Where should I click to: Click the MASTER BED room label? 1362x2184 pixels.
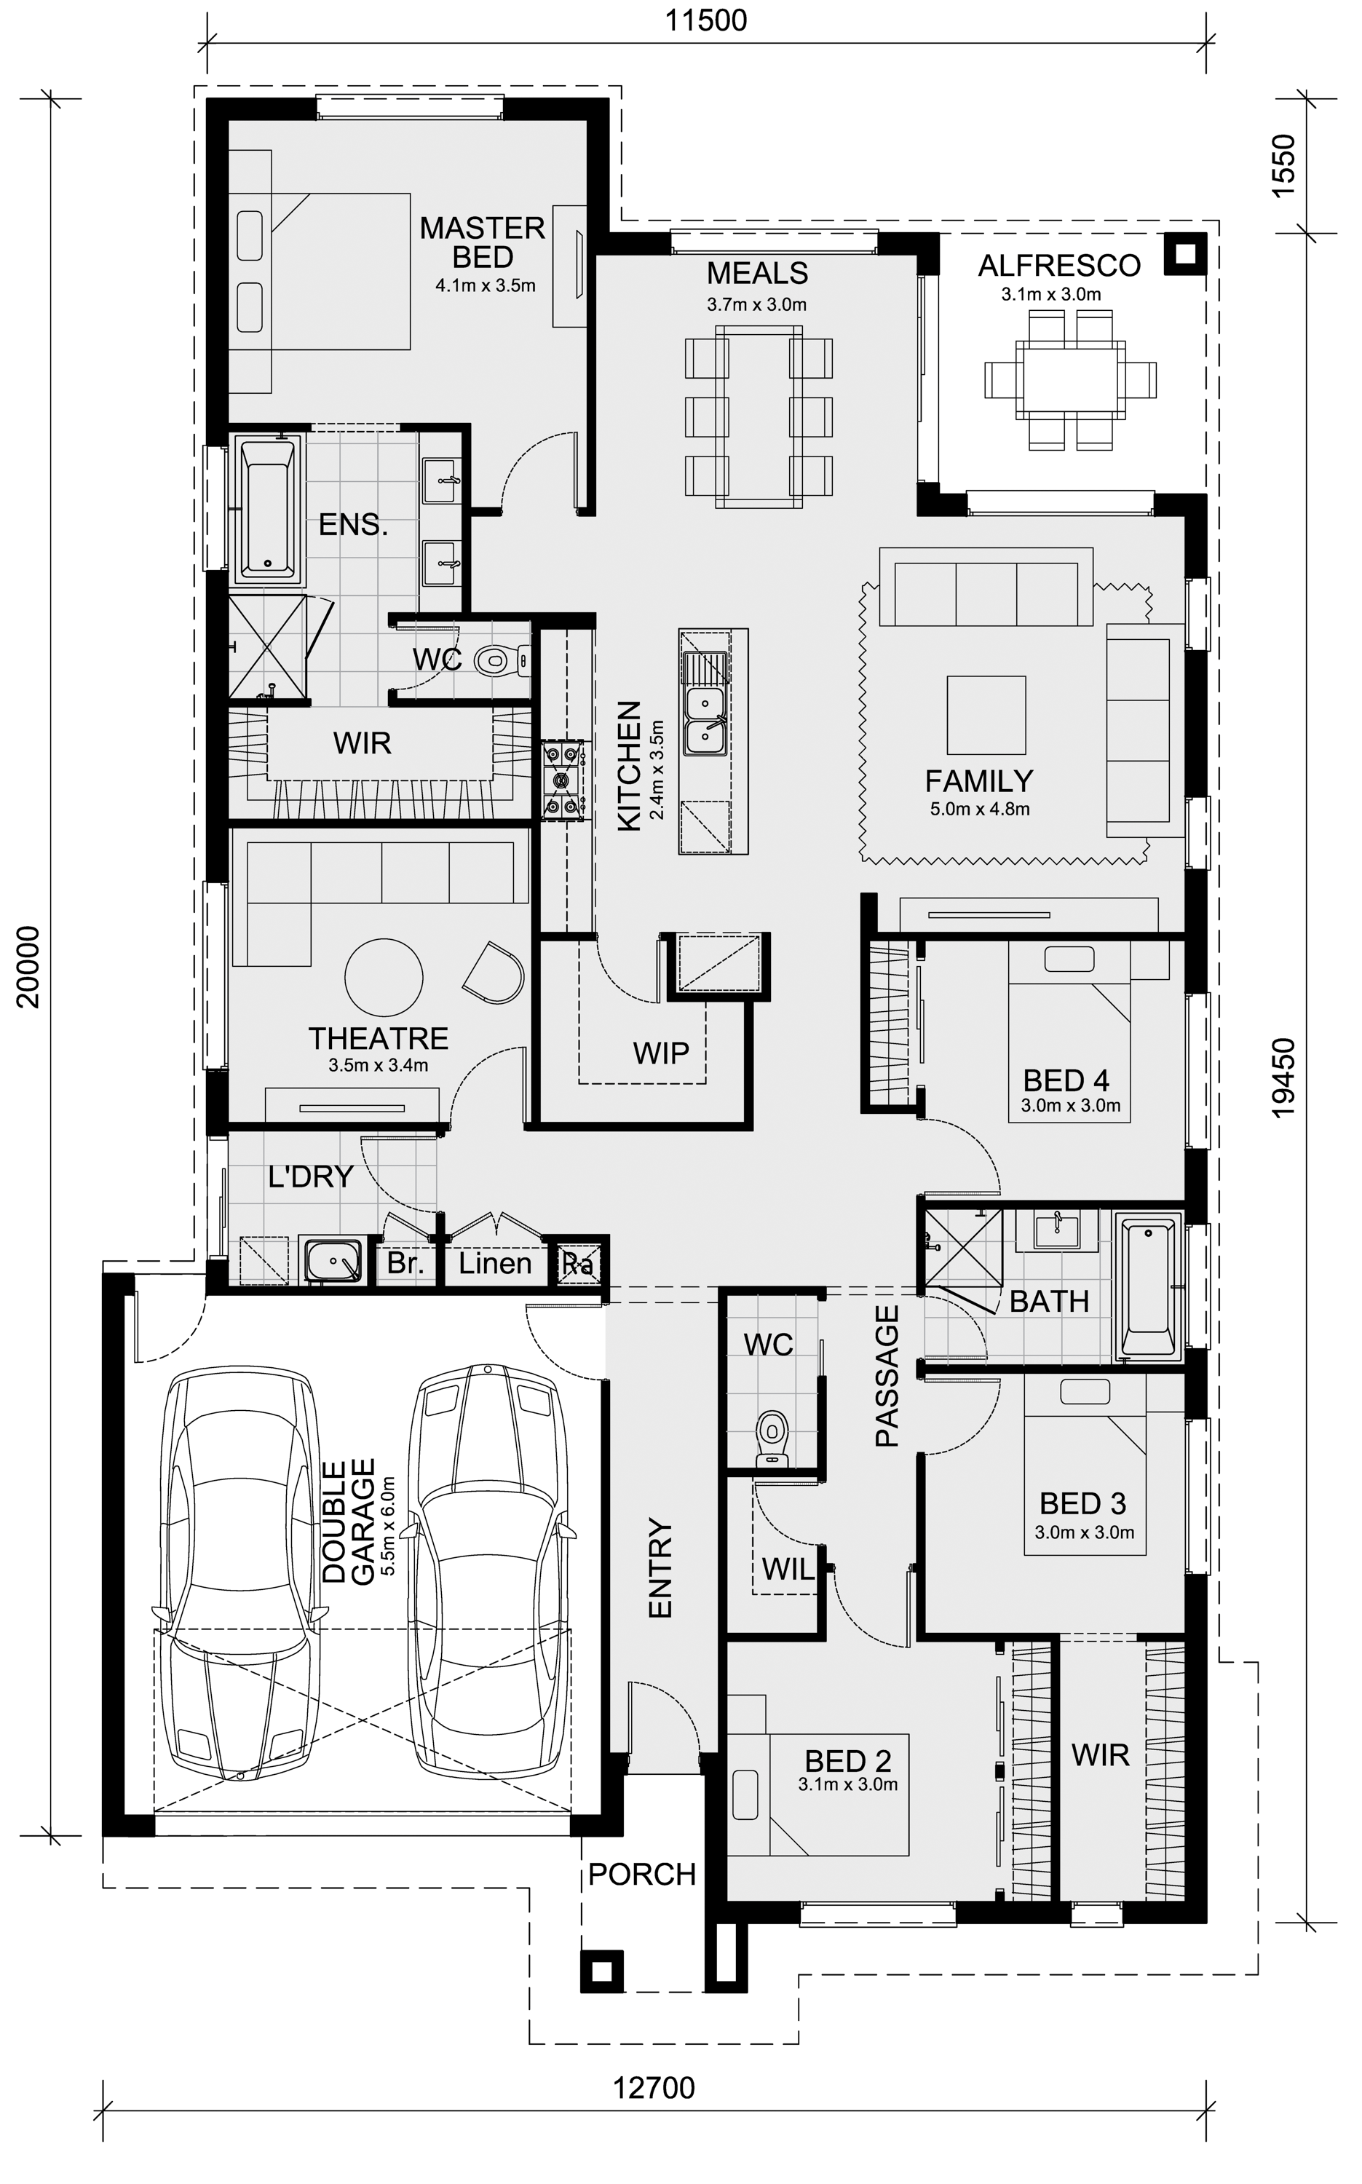(483, 242)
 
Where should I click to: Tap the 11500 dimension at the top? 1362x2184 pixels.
(706, 20)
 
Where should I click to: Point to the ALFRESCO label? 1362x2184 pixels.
(1059, 266)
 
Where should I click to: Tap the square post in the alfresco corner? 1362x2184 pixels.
(1185, 254)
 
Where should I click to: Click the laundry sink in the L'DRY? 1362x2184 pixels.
(333, 1260)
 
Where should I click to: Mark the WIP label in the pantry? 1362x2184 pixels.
(660, 1053)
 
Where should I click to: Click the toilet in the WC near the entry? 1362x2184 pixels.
(772, 1436)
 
